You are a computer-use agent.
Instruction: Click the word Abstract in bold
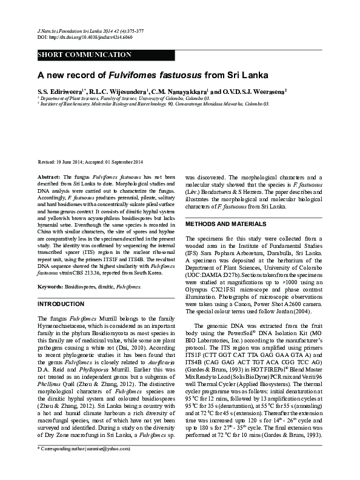[48, 175]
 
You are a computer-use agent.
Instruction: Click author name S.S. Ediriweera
[62, 90]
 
